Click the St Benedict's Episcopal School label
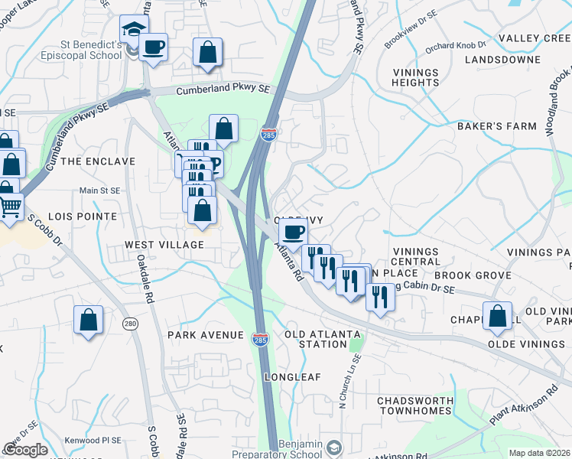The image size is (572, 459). coord(80,50)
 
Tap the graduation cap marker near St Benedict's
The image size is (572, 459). coord(132,32)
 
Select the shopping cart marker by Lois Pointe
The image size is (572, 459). coord(9,206)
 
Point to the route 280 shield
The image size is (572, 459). coord(131,324)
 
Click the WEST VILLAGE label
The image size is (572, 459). coord(164,245)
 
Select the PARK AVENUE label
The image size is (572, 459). coord(205,335)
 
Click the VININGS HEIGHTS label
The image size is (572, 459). coord(415,76)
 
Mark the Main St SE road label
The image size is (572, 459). coord(99,190)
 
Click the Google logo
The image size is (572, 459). coord(25,450)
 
